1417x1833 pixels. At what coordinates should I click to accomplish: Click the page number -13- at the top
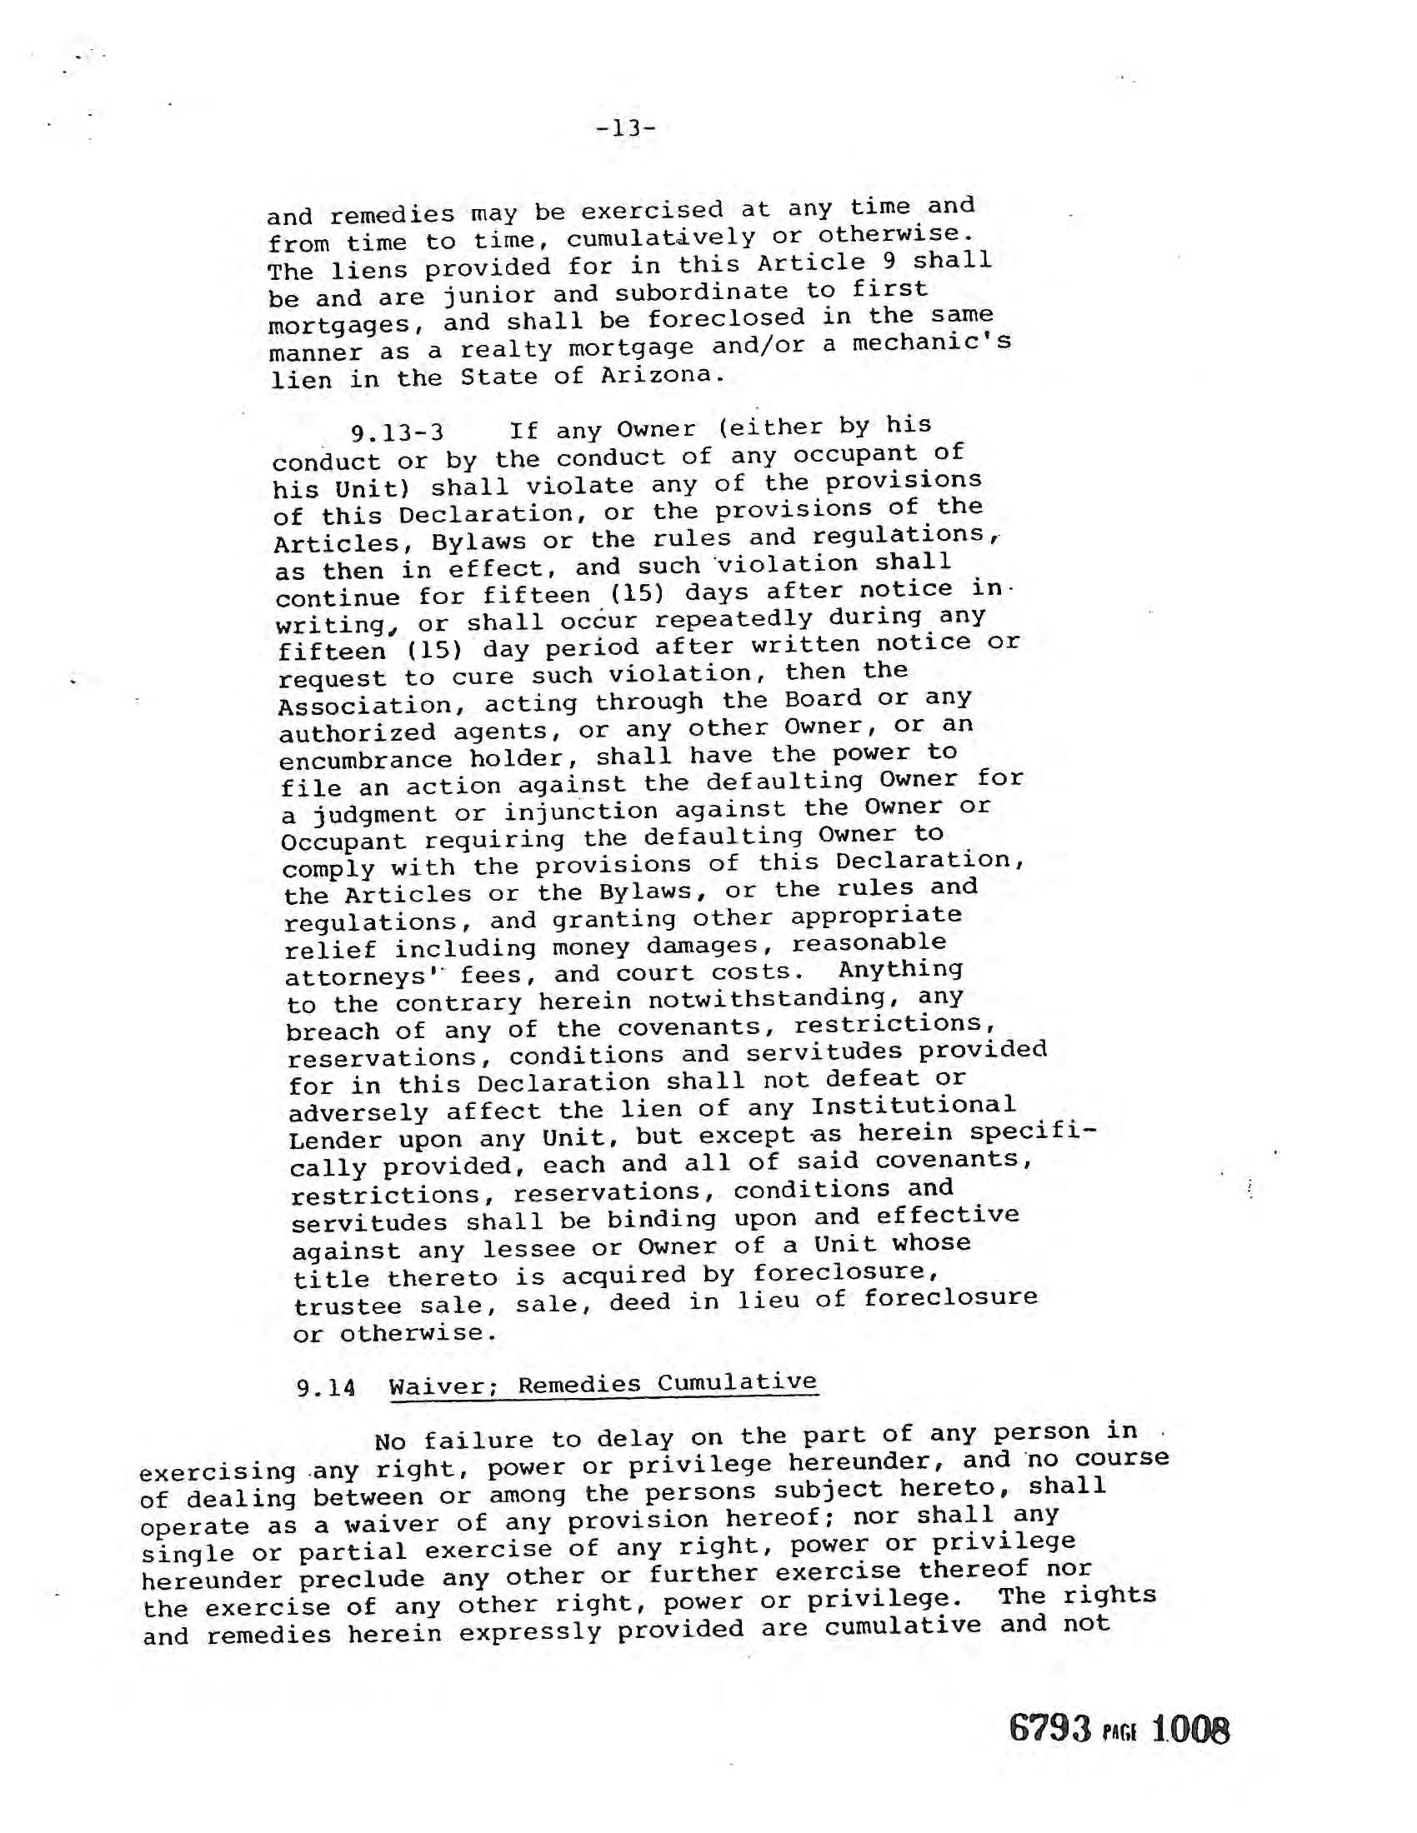pyautogui.click(x=625, y=128)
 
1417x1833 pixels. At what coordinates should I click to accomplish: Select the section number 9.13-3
pyautogui.click(x=397, y=433)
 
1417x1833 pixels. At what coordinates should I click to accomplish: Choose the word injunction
pyautogui.click(x=581, y=812)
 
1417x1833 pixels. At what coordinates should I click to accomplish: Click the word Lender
pyautogui.click(x=334, y=1141)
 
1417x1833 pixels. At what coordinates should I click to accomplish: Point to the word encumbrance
pyautogui.click(x=365, y=760)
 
